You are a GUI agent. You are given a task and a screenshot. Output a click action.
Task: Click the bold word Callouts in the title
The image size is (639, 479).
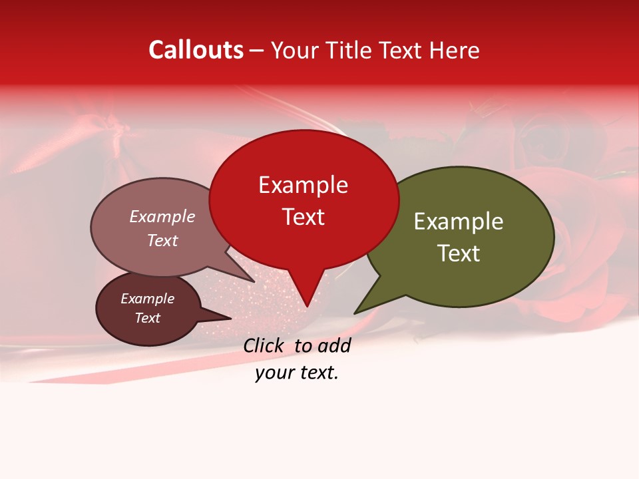coord(196,50)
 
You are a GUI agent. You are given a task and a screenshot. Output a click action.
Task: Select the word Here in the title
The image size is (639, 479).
coord(455,51)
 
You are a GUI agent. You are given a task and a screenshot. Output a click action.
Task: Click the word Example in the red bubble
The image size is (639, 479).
coord(303,185)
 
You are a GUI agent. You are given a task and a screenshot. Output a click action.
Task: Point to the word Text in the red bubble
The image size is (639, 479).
coord(303,217)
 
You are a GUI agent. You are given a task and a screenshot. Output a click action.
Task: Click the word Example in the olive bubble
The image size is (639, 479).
coord(459,222)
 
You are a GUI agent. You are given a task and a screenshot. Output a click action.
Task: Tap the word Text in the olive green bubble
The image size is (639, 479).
coord(459,253)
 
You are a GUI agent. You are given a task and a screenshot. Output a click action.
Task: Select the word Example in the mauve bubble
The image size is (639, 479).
coord(162,216)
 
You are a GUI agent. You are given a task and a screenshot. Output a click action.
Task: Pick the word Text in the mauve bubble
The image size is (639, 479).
coord(162,240)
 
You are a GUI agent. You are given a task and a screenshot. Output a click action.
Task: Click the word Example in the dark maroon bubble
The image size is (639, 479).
coord(147,299)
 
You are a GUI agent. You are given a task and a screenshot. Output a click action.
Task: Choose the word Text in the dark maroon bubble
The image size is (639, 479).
coord(147,318)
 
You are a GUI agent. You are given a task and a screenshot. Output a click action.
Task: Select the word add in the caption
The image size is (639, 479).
coord(334,345)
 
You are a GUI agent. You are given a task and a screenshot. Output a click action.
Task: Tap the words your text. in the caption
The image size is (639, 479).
coord(297,373)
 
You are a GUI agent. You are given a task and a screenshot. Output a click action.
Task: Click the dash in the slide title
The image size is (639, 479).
coord(258,51)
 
